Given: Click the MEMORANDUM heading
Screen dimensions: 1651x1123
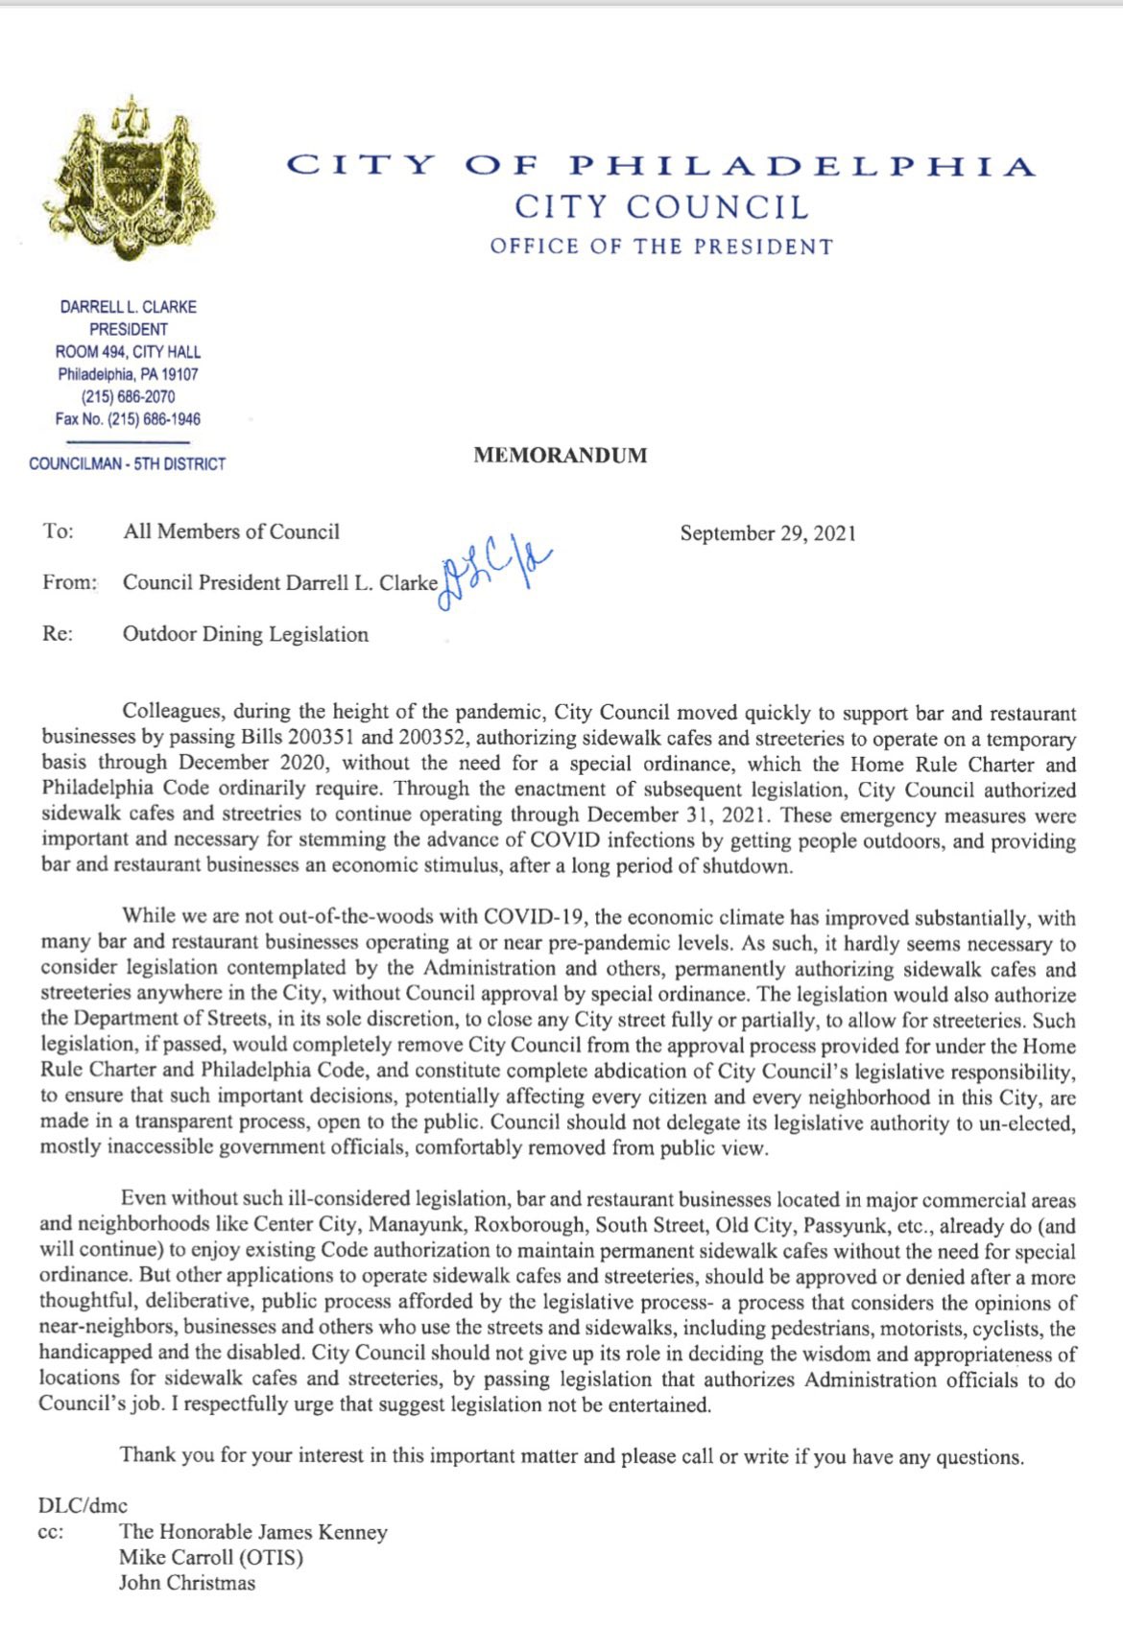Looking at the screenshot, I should tap(560, 456).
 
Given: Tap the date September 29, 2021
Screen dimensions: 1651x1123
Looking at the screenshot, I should tap(768, 533).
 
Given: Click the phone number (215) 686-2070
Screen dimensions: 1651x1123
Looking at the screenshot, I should tap(128, 396).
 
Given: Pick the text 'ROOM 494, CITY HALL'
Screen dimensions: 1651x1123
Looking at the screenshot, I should tap(128, 352).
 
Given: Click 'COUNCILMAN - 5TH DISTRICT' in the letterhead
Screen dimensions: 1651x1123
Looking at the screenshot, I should tap(127, 464).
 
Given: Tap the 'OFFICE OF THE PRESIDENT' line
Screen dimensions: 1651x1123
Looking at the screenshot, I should tap(661, 247).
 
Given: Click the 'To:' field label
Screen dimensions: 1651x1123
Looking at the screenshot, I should tap(59, 531).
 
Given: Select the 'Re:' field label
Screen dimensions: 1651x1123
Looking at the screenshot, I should tap(58, 634).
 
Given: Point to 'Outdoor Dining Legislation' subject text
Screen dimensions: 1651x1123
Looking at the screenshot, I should tap(246, 634).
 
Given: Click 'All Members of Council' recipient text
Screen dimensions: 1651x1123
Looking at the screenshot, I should tap(231, 531).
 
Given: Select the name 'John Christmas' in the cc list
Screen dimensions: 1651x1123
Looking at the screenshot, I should tap(187, 1583).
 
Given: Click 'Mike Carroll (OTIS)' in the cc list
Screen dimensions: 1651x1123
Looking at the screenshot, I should tap(211, 1557).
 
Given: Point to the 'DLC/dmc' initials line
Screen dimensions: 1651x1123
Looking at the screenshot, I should tap(83, 1505).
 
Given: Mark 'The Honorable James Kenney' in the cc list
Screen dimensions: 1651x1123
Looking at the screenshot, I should tap(253, 1532).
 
